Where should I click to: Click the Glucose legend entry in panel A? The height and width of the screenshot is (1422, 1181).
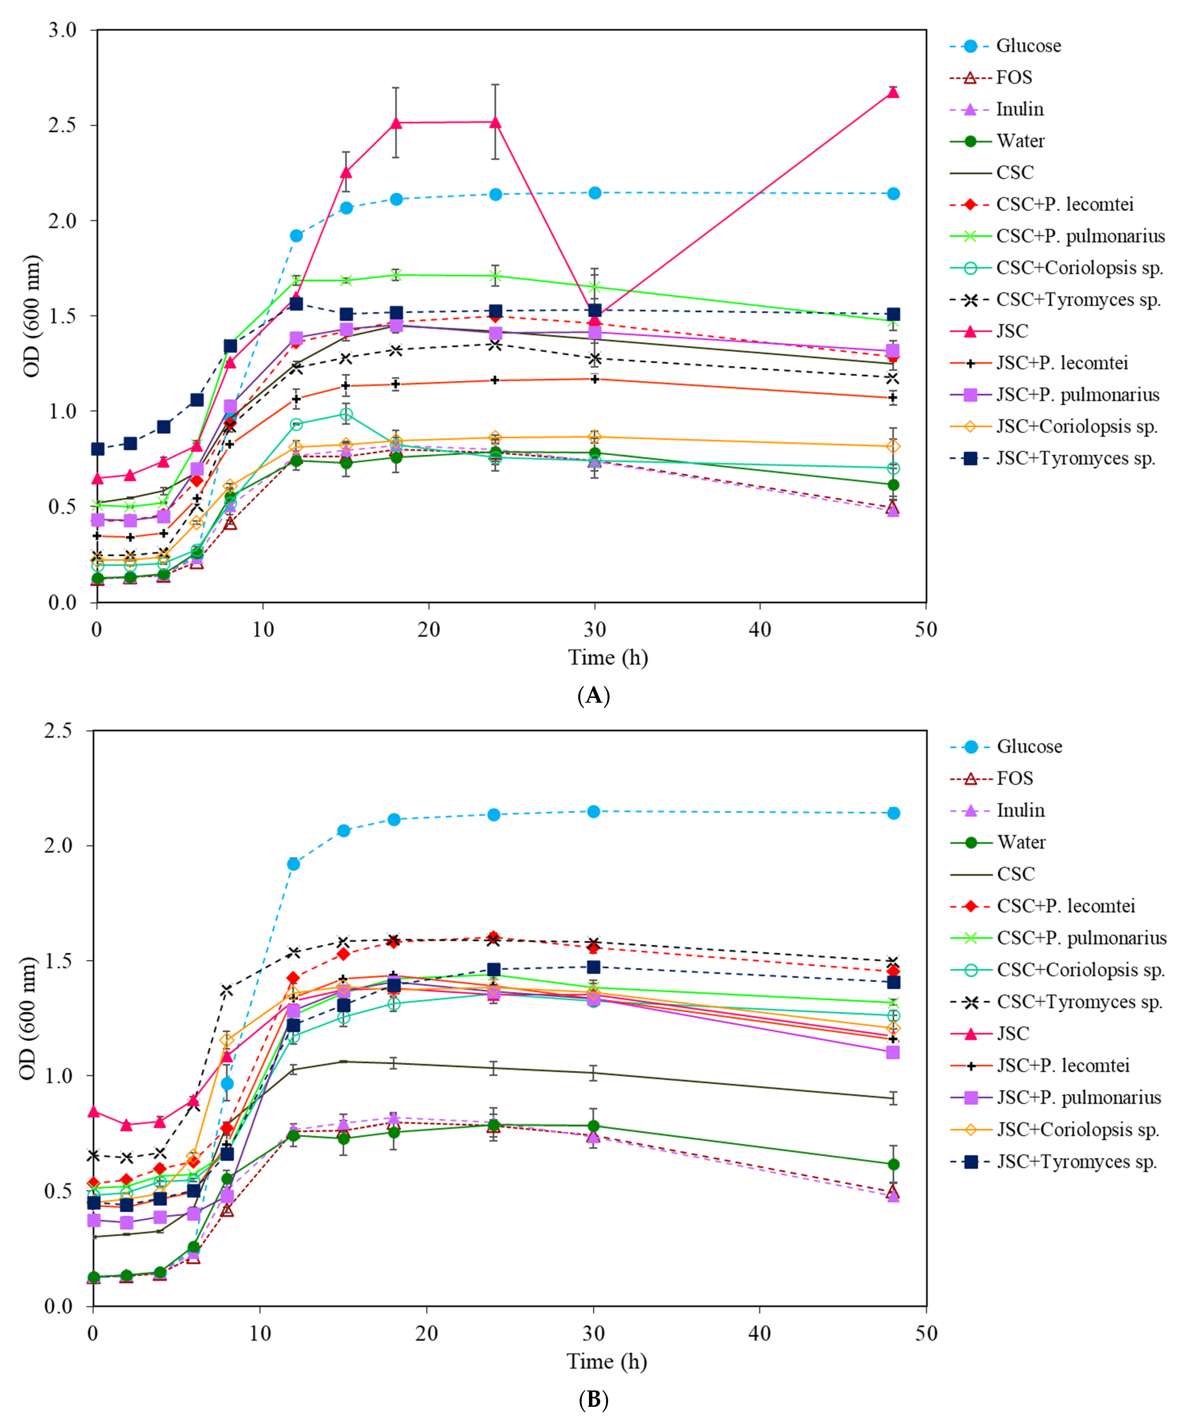click(x=1028, y=46)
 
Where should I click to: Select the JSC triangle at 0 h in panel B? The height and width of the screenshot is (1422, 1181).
click(x=94, y=1112)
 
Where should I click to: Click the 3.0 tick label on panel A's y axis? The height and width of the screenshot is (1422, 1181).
click(x=62, y=30)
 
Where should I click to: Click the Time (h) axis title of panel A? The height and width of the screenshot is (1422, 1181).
click(x=608, y=657)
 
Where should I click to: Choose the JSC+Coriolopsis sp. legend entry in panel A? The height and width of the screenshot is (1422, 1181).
click(x=1077, y=427)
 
